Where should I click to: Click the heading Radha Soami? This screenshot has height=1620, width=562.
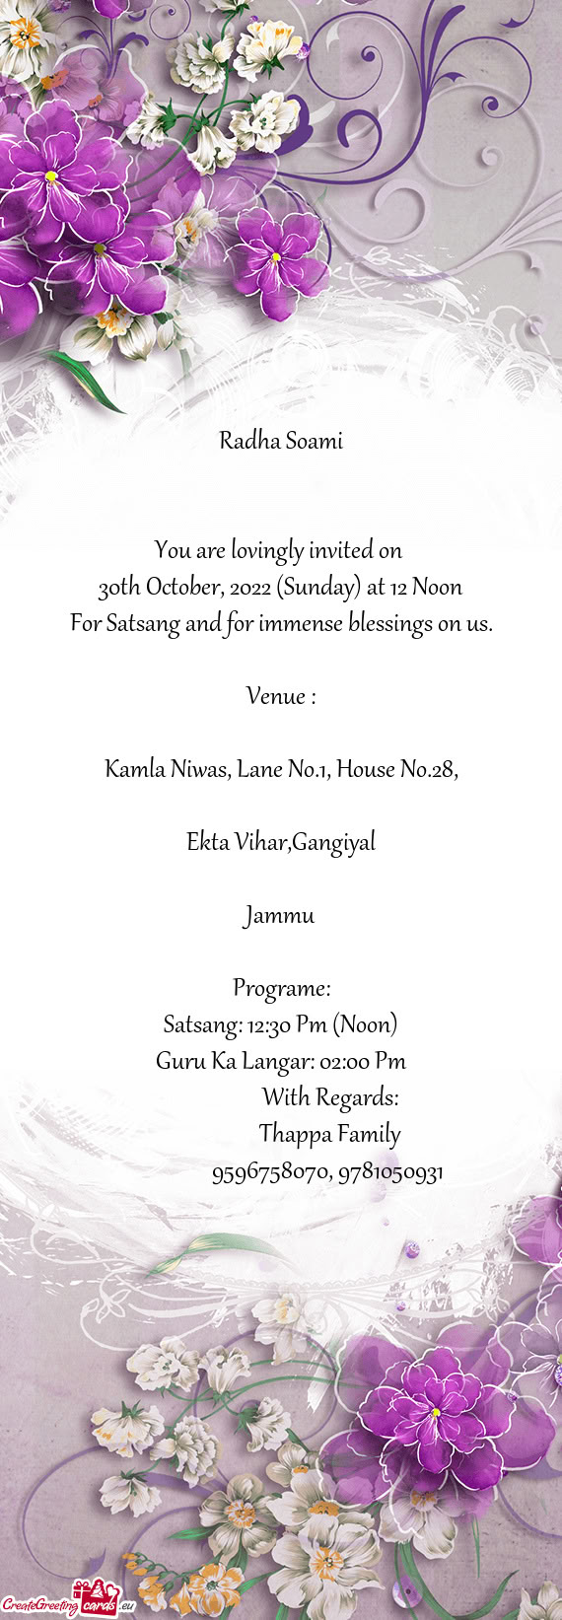pyautogui.click(x=281, y=441)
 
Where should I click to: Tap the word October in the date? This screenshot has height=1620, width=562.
pyautogui.click(x=182, y=588)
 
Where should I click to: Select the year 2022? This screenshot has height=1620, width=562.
pyautogui.click(x=250, y=588)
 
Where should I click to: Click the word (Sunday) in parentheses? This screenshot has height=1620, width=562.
pyautogui.click(x=318, y=588)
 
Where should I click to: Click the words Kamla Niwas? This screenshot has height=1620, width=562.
pyautogui.click(x=166, y=769)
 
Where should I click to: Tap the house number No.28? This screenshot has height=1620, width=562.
pyautogui.click(x=428, y=769)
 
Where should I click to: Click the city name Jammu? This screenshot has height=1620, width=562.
pyautogui.click(x=280, y=915)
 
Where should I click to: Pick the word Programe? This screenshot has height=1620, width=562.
pyautogui.click(x=280, y=988)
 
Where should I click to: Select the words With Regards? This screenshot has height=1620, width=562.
pyautogui.click(x=330, y=1097)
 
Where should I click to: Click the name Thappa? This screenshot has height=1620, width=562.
pyautogui.click(x=295, y=1134)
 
